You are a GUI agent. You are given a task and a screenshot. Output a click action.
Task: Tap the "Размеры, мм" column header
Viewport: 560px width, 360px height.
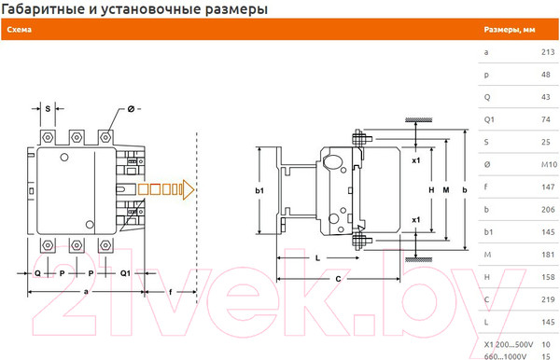511,30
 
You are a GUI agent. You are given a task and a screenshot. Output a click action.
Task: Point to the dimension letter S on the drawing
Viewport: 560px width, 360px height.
48,108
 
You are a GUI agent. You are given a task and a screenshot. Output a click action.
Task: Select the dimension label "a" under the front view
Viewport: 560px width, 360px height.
88,291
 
